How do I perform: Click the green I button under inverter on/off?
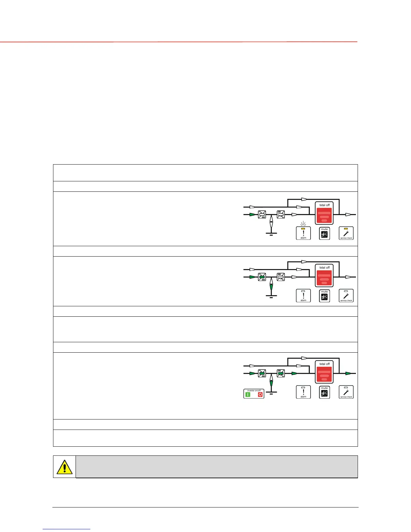click(x=248, y=395)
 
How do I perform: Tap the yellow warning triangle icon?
click(x=64, y=467)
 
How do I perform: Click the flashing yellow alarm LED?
click(x=303, y=229)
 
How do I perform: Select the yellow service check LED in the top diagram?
click(x=346, y=229)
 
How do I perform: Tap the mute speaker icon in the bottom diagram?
click(x=324, y=394)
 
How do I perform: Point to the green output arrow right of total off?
click(x=349, y=373)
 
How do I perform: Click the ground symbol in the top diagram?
click(x=271, y=233)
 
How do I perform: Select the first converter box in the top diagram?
click(x=262, y=214)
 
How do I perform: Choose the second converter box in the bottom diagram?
click(x=281, y=373)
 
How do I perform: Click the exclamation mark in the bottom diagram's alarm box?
click(x=303, y=392)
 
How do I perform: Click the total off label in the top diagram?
click(x=324, y=205)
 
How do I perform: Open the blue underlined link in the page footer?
click(x=66, y=529)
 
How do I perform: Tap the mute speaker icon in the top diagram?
click(x=324, y=235)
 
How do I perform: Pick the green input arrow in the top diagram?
click(x=253, y=214)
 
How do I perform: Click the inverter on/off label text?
click(x=254, y=390)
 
